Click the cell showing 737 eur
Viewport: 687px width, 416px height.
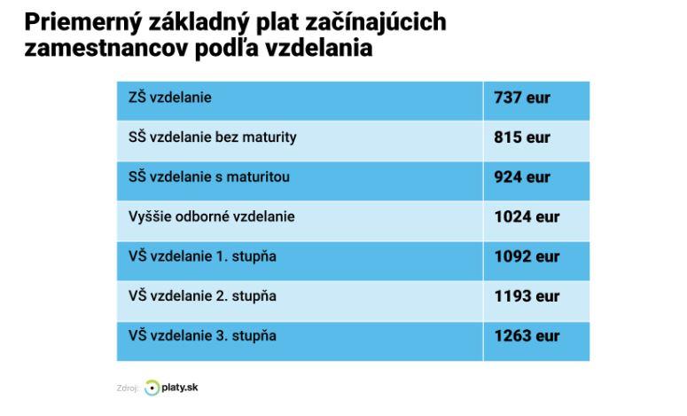[521, 98]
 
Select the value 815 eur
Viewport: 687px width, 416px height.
[521, 137]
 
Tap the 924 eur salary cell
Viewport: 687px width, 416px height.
[521, 177]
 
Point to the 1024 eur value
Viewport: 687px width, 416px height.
[527, 216]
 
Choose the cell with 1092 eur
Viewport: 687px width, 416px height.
[527, 256]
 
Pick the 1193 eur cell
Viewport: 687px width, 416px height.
[527, 296]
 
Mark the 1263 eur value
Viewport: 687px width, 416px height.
[527, 336]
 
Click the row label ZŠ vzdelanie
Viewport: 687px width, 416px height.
[170, 98]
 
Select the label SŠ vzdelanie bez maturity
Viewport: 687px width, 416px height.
[212, 137]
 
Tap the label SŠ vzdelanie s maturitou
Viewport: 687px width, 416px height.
[208, 177]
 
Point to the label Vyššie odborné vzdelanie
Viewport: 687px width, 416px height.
[211, 216]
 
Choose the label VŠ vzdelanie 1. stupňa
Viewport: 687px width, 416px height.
[202, 256]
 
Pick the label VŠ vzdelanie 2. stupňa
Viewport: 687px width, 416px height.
[202, 296]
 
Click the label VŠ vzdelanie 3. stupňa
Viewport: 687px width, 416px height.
[202, 336]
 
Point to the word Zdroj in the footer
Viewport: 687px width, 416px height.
[128, 389]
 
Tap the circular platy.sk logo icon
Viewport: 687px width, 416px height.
[152, 388]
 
